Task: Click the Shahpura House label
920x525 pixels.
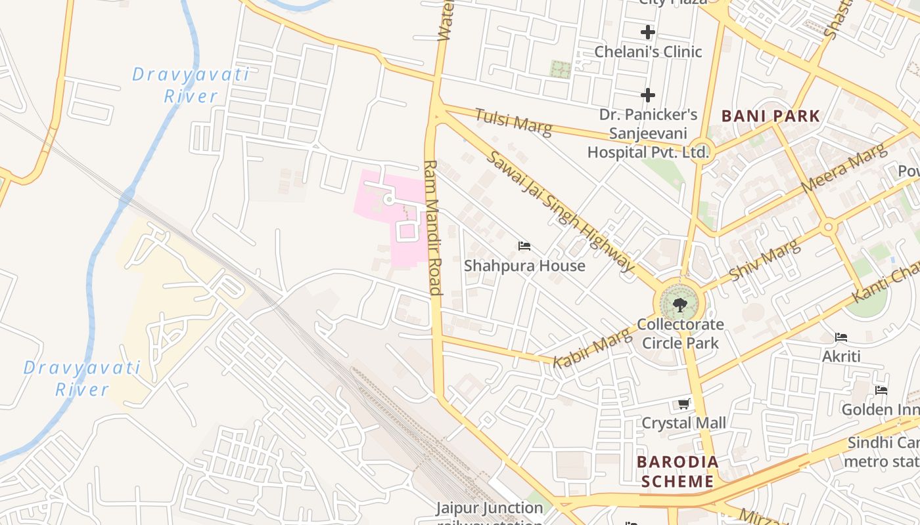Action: click(524, 266)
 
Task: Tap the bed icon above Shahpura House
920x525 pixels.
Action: click(524, 246)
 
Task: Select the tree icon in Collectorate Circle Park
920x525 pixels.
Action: click(679, 304)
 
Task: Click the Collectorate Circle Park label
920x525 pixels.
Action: click(680, 333)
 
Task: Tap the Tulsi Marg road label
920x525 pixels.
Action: click(513, 121)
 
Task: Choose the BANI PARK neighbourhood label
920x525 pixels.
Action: click(771, 117)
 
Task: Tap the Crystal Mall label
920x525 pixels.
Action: click(684, 423)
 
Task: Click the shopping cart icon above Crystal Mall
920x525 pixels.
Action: click(684, 404)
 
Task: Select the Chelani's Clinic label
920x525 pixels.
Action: click(648, 52)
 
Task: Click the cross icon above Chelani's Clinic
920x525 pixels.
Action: click(648, 31)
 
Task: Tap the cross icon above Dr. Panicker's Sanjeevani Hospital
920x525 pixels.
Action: click(648, 95)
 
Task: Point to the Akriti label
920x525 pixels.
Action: click(841, 356)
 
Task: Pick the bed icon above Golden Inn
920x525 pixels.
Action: click(881, 390)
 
